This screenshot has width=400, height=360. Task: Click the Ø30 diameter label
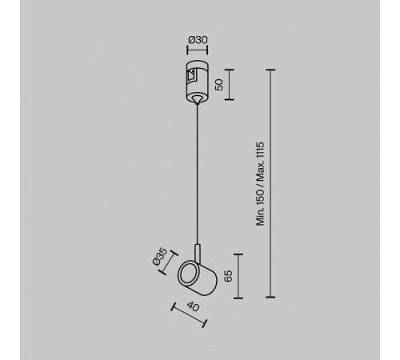[x=198, y=40]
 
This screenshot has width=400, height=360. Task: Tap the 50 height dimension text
[x=219, y=85]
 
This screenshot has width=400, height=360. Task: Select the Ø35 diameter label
[x=160, y=257]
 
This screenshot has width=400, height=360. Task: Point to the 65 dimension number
[x=228, y=276]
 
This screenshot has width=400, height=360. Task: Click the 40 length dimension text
[x=193, y=306]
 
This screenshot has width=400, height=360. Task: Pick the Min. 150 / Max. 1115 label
[x=260, y=184]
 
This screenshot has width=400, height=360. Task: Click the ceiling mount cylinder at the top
[x=198, y=81]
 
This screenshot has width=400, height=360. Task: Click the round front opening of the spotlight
[x=189, y=275]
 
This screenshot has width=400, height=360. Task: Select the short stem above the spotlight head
[x=197, y=253]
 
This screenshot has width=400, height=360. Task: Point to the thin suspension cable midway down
[x=197, y=174]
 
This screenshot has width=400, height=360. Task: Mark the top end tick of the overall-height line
[x=270, y=70]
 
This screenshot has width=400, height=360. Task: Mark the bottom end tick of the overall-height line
[x=270, y=297]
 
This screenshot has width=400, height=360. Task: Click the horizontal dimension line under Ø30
[x=198, y=50]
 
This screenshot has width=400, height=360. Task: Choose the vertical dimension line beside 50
[x=230, y=85]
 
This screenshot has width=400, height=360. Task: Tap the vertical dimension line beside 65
[x=238, y=276]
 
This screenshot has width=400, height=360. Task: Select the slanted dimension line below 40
[x=189, y=314]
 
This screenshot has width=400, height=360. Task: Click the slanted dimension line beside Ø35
[x=168, y=262]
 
